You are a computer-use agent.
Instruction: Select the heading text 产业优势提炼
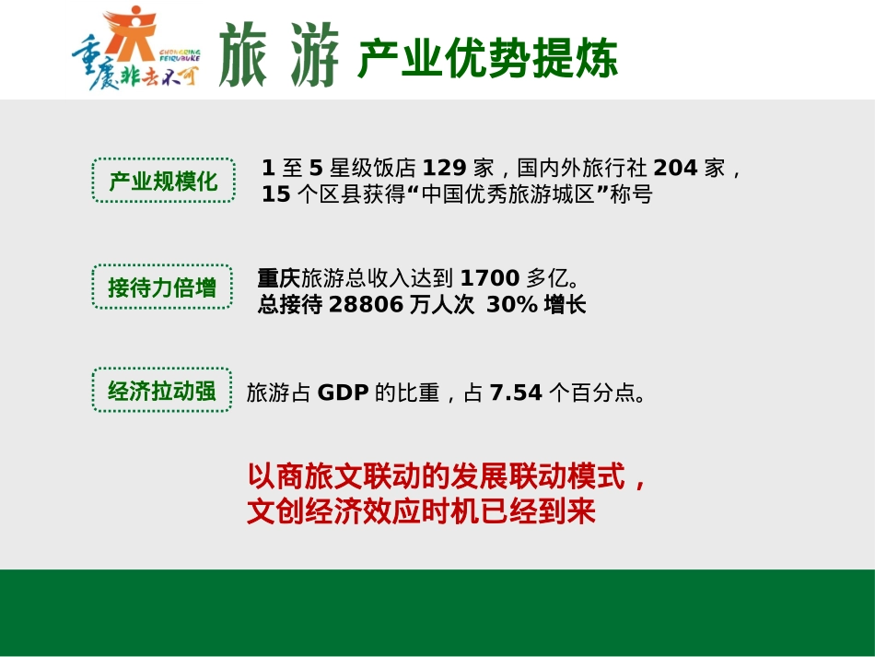click(487, 59)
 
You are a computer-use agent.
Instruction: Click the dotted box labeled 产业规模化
click(163, 181)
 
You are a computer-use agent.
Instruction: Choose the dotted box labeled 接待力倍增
click(162, 287)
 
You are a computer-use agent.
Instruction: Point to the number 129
click(445, 169)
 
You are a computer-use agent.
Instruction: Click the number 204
click(675, 169)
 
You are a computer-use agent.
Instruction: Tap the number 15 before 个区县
click(275, 195)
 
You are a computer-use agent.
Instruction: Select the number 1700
click(489, 277)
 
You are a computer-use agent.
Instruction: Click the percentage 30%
click(512, 305)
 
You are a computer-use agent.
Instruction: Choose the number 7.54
click(516, 393)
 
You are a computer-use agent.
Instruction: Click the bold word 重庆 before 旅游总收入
click(279, 277)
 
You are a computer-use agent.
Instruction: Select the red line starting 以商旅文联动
click(449, 477)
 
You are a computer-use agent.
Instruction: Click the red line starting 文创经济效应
click(421, 511)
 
